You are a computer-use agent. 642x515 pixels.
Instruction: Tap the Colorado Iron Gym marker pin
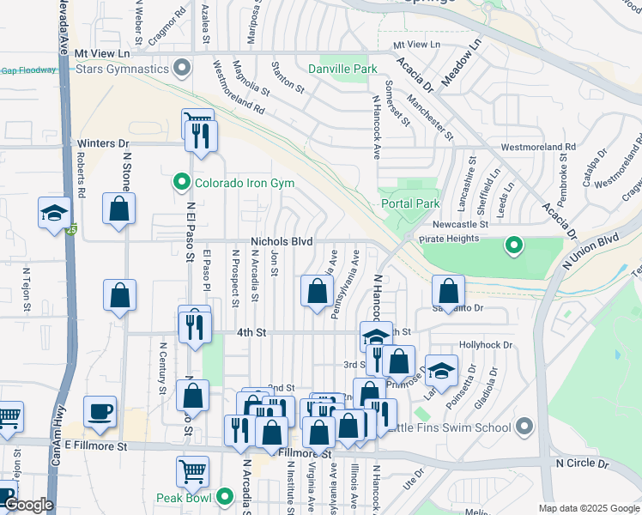[181, 182]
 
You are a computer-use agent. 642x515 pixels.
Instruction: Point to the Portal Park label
[409, 203]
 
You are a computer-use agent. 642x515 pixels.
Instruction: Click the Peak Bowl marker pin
[226, 497]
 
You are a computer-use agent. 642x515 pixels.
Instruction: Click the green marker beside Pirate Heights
[514, 246]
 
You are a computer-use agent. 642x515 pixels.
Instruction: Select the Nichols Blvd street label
[282, 242]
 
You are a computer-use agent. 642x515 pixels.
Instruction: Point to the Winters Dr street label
[102, 143]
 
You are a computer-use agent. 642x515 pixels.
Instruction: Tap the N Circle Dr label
[582, 463]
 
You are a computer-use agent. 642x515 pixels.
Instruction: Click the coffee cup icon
[100, 411]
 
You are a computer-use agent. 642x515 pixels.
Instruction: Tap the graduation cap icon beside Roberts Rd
[54, 213]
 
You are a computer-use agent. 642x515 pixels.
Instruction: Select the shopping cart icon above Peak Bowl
[193, 470]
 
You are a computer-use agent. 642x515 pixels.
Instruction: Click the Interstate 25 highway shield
[70, 229]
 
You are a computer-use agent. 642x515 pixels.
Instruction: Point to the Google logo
[28, 505]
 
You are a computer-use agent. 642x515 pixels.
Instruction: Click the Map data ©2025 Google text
[588, 508]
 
